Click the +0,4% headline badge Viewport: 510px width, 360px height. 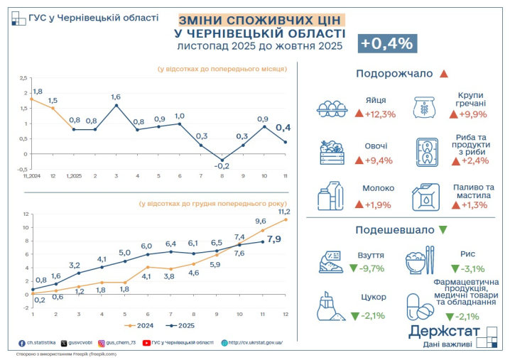point(387,43)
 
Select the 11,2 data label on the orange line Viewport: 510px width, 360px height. point(284,212)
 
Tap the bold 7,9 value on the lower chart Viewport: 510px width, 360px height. point(274,239)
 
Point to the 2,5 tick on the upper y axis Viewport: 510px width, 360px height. point(23,77)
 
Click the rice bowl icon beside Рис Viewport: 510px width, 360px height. point(418,261)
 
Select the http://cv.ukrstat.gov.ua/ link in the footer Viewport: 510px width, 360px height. point(255,342)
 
